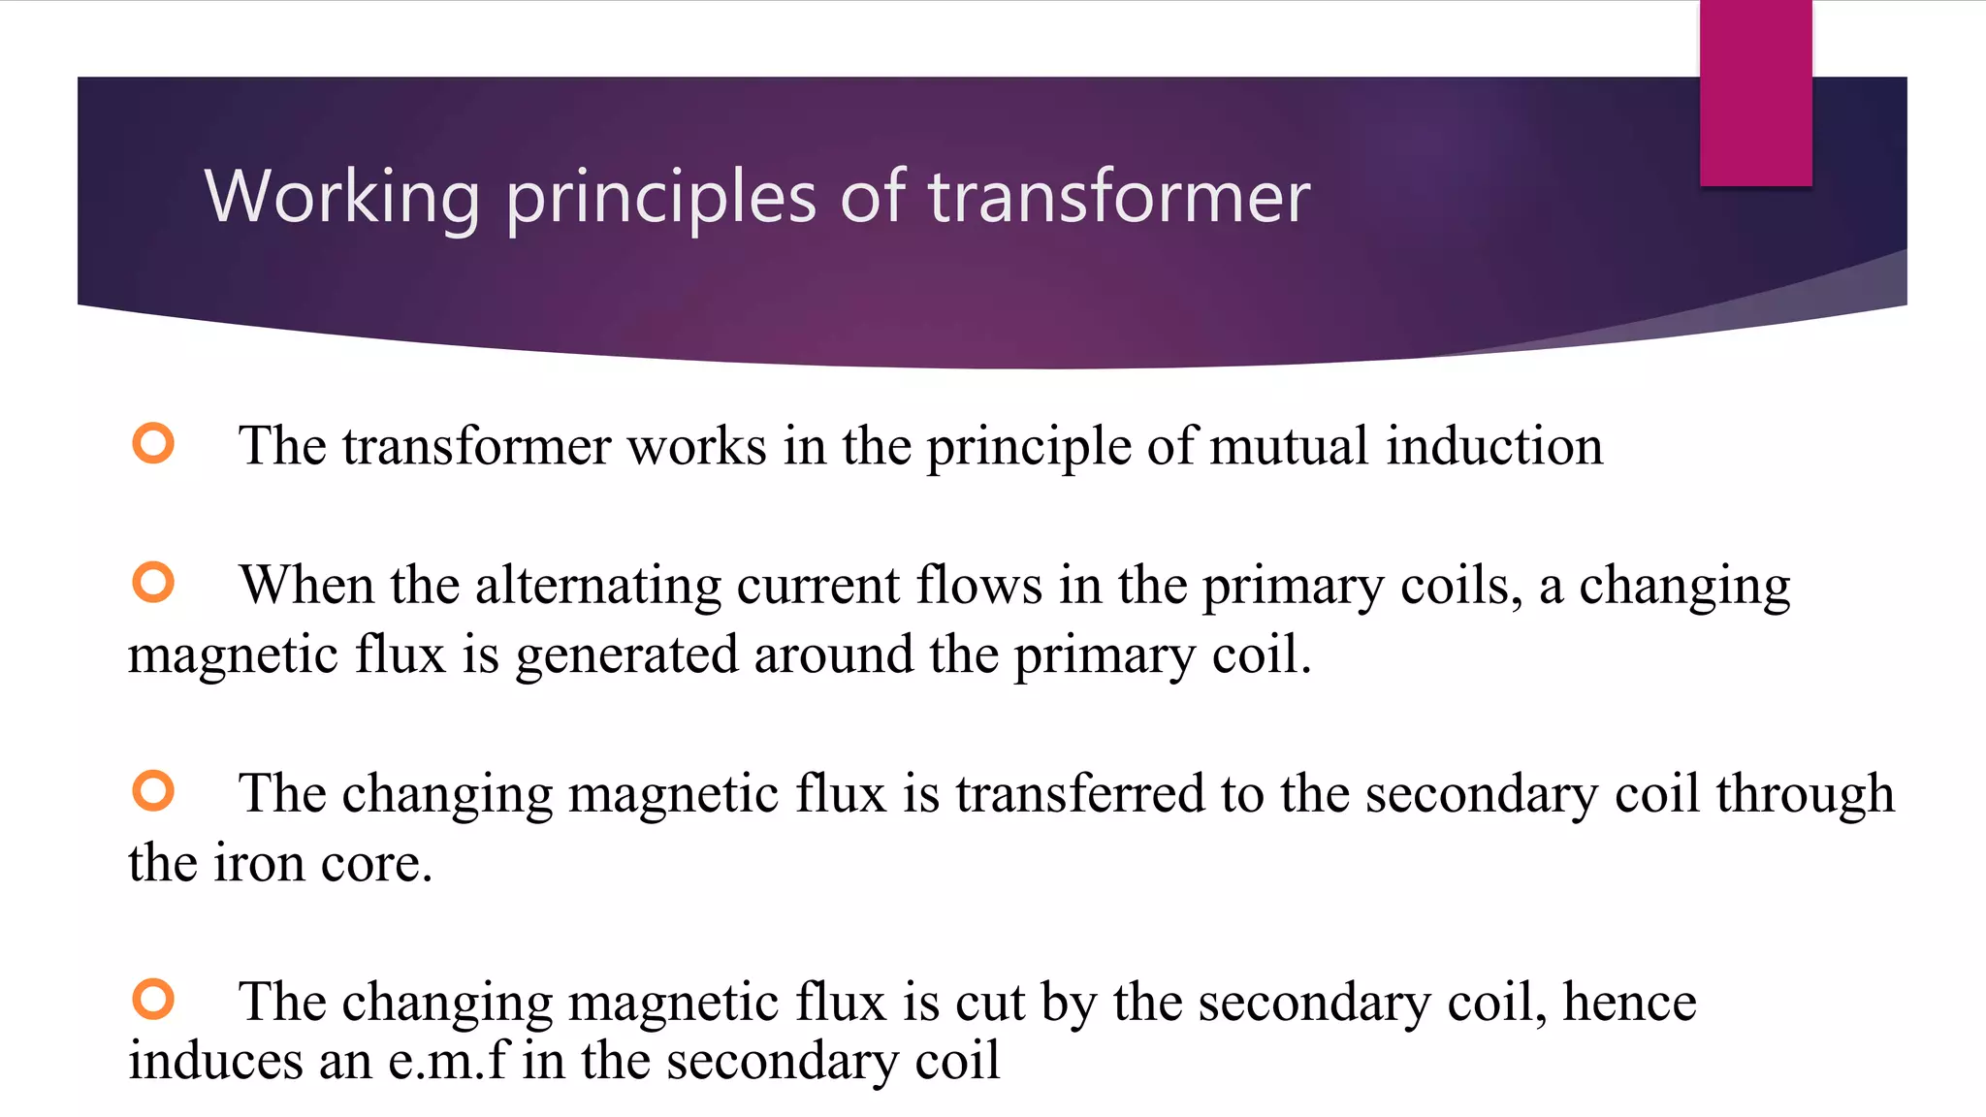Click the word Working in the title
pyautogui.click(x=342, y=197)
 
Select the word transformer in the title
pyautogui.click(x=1119, y=197)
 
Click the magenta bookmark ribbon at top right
pyautogui.click(x=1755, y=93)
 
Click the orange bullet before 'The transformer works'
pyautogui.click(x=153, y=443)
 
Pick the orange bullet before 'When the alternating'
pyautogui.click(x=153, y=583)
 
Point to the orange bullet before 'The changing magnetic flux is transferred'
pyautogui.click(x=153, y=790)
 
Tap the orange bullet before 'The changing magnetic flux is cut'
pyautogui.click(x=153, y=999)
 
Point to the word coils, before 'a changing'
pyautogui.click(x=1464, y=586)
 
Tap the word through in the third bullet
pyautogui.click(x=1805, y=795)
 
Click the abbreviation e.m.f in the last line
pyautogui.click(x=448, y=1060)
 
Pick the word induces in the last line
pyautogui.click(x=215, y=1060)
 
